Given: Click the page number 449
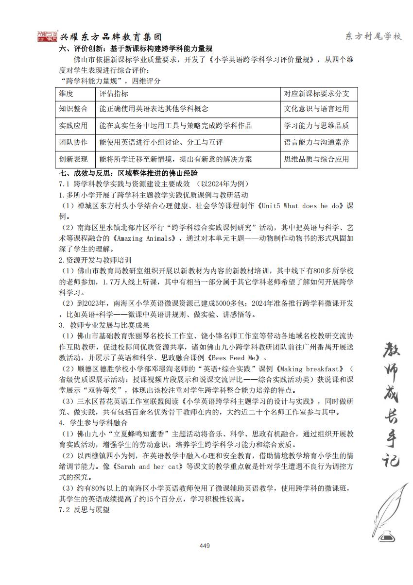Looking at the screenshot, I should [205, 546].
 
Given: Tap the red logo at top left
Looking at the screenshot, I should [48, 36].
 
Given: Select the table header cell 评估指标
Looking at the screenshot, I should [114, 93].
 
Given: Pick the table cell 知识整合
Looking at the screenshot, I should [73, 109].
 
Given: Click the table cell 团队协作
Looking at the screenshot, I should [73, 142].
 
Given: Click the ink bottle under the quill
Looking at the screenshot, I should [386, 535].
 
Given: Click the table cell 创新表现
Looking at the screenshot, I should [73, 159].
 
